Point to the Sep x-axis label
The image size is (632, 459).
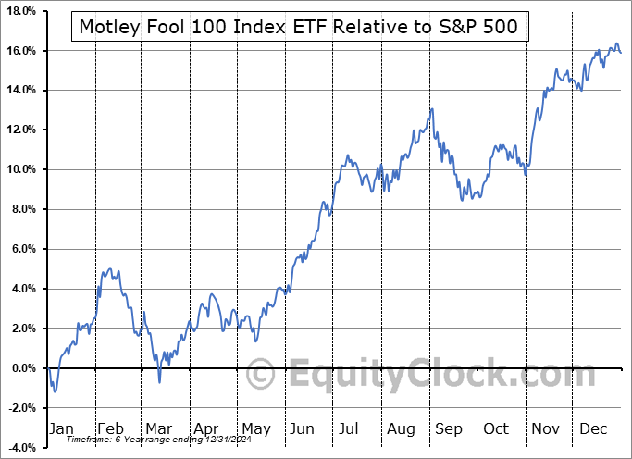click(448, 428)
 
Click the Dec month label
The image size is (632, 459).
click(592, 428)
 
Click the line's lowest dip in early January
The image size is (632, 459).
click(55, 391)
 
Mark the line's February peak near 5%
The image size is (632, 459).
click(111, 269)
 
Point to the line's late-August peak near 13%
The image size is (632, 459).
click(431, 109)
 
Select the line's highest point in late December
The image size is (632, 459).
click(616, 43)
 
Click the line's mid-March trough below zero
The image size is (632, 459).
click(159, 381)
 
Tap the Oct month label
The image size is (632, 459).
click(496, 428)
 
